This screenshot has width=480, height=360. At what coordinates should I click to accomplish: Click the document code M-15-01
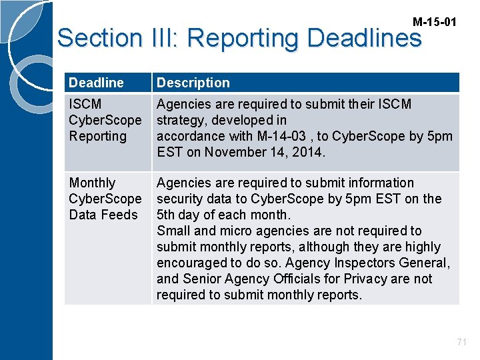coord(435,22)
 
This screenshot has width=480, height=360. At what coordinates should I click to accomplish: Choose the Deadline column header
coord(96,83)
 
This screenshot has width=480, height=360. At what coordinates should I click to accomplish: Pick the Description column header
coord(193,83)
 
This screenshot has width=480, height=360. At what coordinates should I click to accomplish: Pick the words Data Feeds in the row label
coord(103,215)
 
